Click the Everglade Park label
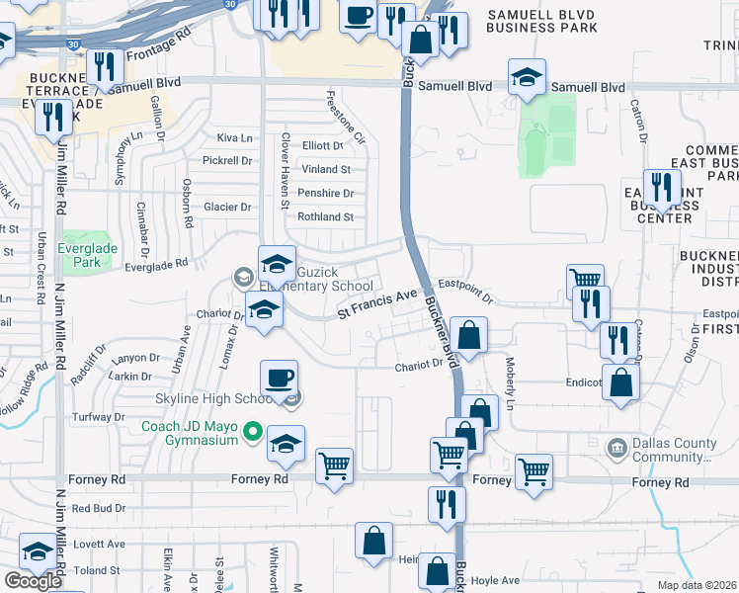[x=79, y=255]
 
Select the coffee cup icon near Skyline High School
[x=279, y=378]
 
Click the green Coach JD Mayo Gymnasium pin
[x=253, y=431]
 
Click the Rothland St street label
[x=325, y=216]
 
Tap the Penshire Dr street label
[x=325, y=193]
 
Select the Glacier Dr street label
[x=227, y=207]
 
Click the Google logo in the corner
[x=33, y=581]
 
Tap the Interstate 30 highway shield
[x=74, y=44]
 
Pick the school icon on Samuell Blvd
[x=528, y=77]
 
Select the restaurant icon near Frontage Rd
[x=103, y=66]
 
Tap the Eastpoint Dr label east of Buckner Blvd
[x=465, y=282]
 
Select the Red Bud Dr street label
[x=96, y=508]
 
